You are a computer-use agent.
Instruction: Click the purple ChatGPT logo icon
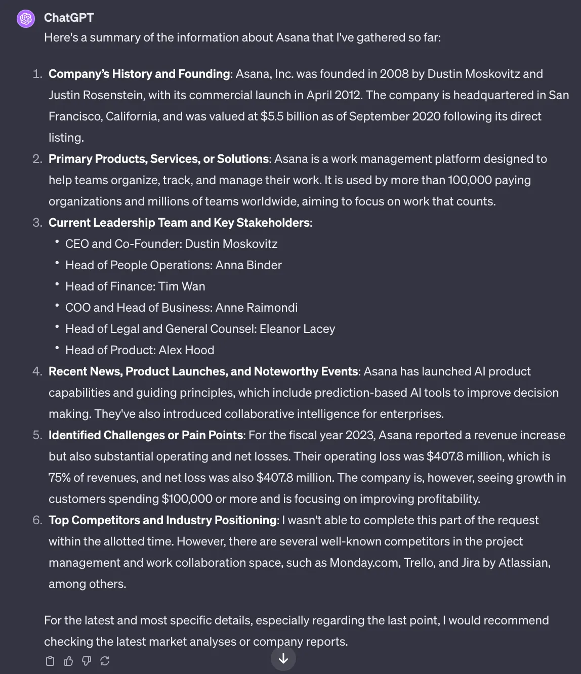pyautogui.click(x=26, y=19)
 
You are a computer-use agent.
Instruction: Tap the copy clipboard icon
pyautogui.click(x=50, y=661)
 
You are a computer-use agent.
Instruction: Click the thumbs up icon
pyautogui.click(x=68, y=661)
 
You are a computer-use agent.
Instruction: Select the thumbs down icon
pyautogui.click(x=87, y=661)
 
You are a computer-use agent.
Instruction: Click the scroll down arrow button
pyautogui.click(x=283, y=658)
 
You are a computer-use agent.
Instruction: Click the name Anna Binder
pyautogui.click(x=248, y=265)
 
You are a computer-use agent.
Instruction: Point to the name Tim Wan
pyautogui.click(x=182, y=286)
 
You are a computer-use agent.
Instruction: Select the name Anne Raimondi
pyautogui.click(x=257, y=308)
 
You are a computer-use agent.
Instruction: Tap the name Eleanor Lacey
pyautogui.click(x=297, y=329)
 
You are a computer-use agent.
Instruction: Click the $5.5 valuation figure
pyautogui.click(x=272, y=116)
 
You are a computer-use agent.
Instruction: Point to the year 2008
pyautogui.click(x=394, y=74)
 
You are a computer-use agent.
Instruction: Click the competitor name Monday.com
pyautogui.click(x=364, y=563)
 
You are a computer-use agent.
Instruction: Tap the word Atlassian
pyautogui.click(x=524, y=563)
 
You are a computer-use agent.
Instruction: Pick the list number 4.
pyautogui.click(x=37, y=371)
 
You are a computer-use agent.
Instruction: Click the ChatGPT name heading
pyautogui.click(x=69, y=18)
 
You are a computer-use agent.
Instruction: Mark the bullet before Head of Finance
pyautogui.click(x=57, y=284)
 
